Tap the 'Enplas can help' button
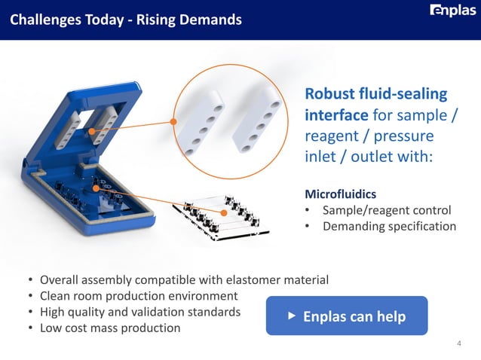pyautogui.click(x=347, y=316)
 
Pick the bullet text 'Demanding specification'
pyautogui.click(x=388, y=226)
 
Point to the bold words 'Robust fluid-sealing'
pyautogui.click(x=375, y=95)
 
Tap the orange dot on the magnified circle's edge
pyautogui.click(x=173, y=121)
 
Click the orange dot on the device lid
pyautogui.click(x=92, y=133)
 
